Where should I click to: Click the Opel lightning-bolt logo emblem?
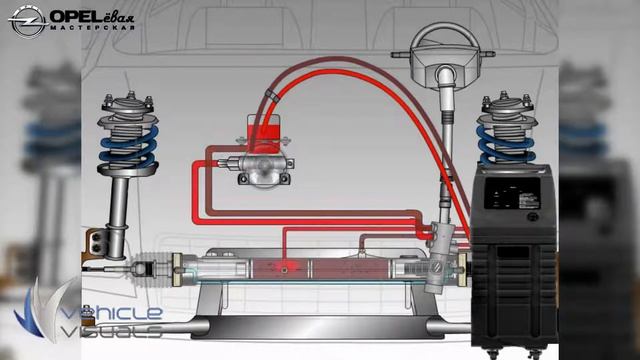coord(27,21)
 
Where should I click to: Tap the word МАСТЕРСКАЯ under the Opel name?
coord(93,28)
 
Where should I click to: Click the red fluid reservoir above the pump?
coord(263,129)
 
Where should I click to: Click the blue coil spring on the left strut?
coord(128,148)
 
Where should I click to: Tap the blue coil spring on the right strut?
coord(506,146)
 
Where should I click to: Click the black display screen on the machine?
coord(511,193)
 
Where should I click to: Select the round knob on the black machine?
coord(532,217)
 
